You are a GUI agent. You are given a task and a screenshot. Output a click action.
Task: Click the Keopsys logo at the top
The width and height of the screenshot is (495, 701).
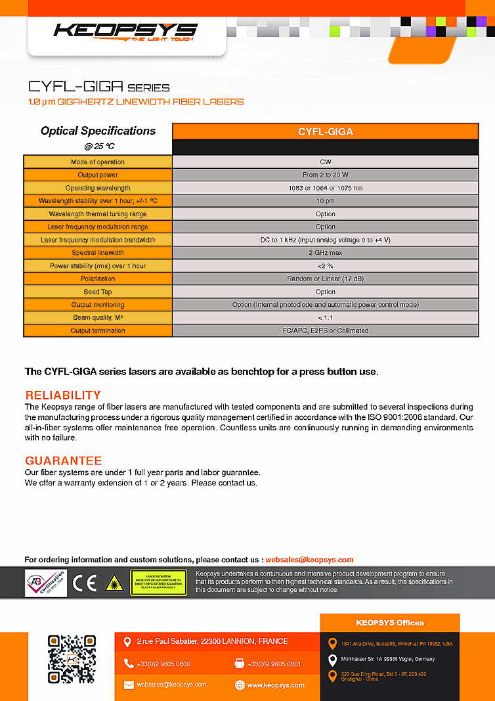pos(125,31)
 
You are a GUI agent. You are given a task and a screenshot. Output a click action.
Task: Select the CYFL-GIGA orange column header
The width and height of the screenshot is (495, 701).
pos(325,131)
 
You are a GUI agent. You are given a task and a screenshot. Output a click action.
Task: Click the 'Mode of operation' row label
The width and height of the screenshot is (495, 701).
pos(98,162)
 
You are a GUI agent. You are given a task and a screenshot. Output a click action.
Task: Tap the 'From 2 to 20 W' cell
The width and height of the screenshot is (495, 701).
pos(325,175)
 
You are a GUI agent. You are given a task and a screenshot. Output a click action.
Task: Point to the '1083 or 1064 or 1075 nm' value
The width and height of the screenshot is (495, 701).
pos(325,188)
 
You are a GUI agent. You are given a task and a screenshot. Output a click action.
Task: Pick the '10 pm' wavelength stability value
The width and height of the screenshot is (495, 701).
pos(325,201)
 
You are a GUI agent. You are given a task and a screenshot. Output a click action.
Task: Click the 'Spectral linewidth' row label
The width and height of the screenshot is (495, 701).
pos(98,253)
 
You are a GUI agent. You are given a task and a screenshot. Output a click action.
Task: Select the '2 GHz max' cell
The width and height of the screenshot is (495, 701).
pos(325,253)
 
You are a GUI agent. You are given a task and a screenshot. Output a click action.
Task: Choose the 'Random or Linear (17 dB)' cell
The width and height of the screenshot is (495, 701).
pos(325,279)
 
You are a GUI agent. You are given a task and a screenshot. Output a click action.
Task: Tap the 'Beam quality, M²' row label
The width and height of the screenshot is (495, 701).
pos(98,318)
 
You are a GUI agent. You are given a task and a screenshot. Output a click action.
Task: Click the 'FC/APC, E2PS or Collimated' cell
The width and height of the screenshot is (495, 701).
pos(325,331)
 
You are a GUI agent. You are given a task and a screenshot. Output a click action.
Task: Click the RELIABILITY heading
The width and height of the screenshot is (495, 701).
pos(63,396)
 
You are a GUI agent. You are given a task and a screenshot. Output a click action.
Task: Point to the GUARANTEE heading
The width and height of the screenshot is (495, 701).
pos(64,461)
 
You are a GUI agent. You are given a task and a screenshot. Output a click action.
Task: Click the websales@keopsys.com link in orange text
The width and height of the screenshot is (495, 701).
pos(309,560)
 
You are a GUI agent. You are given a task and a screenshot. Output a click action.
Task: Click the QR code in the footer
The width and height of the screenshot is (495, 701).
pos(72,658)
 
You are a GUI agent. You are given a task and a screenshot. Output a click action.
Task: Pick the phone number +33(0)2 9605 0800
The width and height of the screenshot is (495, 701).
pos(163,664)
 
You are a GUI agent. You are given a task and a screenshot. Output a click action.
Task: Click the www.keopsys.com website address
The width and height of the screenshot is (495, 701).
pos(276,685)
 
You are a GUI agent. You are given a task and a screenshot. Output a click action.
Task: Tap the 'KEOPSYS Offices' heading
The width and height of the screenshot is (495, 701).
pos(390,623)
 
